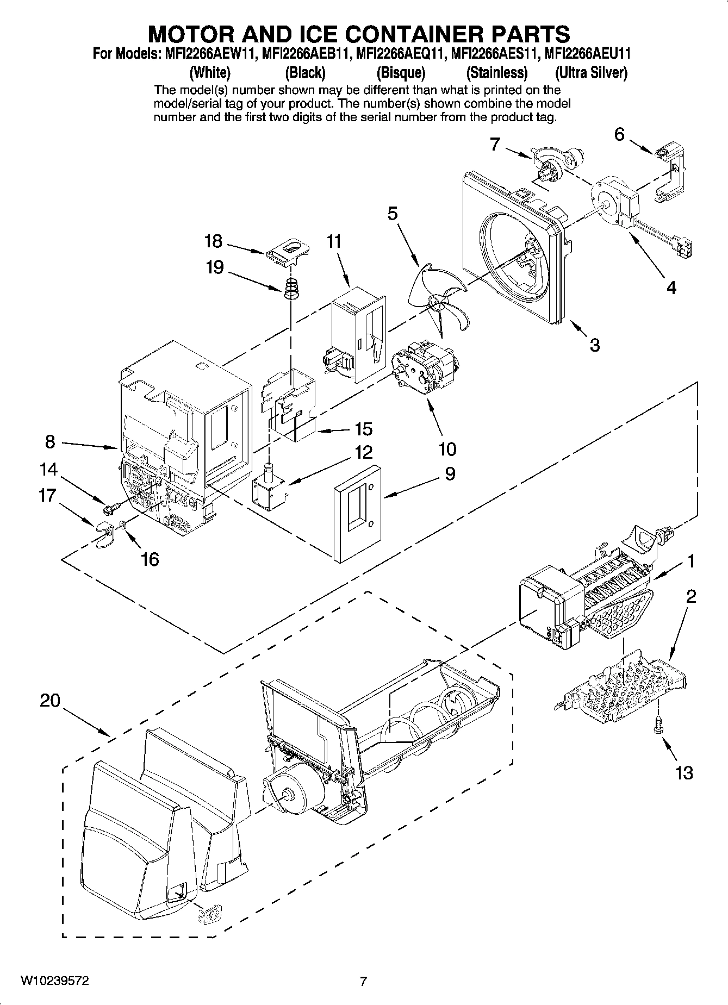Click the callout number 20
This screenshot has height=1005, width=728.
49,701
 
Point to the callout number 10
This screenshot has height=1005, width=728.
447,449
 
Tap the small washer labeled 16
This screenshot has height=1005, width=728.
123,525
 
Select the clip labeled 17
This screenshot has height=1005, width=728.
103,533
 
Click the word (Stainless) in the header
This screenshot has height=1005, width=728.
497,73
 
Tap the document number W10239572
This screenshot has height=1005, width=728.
55,981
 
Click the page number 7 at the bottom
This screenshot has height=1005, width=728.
364,981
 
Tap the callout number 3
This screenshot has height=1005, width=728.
595,345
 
